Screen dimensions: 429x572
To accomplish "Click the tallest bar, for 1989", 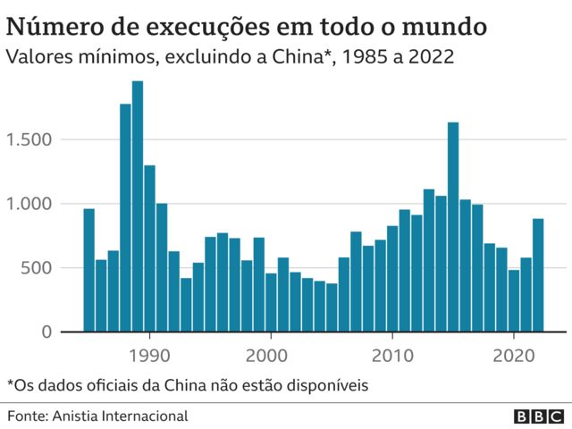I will point(138,206).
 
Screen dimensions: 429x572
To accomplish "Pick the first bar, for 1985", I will point(88,269).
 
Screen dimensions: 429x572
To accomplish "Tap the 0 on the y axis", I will point(49,332).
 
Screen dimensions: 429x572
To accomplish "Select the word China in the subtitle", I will point(302,57).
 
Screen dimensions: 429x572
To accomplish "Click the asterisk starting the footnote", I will point(10,383).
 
